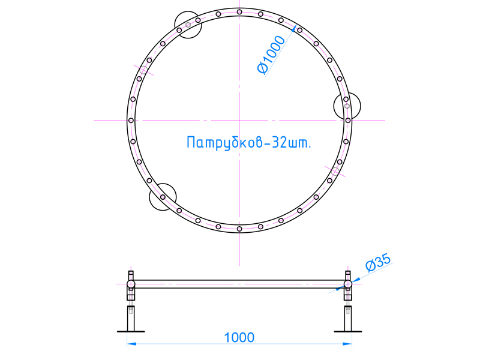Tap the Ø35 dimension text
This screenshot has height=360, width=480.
[x=377, y=263]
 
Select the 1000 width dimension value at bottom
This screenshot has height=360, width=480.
[x=239, y=337]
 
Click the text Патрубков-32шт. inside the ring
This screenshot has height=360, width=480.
[x=248, y=143]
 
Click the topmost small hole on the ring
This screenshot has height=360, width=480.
[x=239, y=12]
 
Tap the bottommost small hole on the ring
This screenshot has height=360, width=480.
[x=239, y=229]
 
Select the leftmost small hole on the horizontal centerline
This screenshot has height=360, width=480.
[x=131, y=120]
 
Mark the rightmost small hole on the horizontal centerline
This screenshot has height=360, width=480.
[x=348, y=120]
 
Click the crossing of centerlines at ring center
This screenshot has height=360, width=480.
[x=239, y=120]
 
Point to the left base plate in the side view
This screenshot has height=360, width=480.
[x=131, y=330]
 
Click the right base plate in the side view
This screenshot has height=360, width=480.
[x=348, y=330]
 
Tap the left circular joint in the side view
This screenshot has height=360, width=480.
[x=131, y=284]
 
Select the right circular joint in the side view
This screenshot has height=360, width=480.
[x=348, y=284]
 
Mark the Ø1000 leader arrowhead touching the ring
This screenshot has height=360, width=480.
[x=296, y=28]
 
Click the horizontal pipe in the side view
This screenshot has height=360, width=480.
[x=239, y=284]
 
